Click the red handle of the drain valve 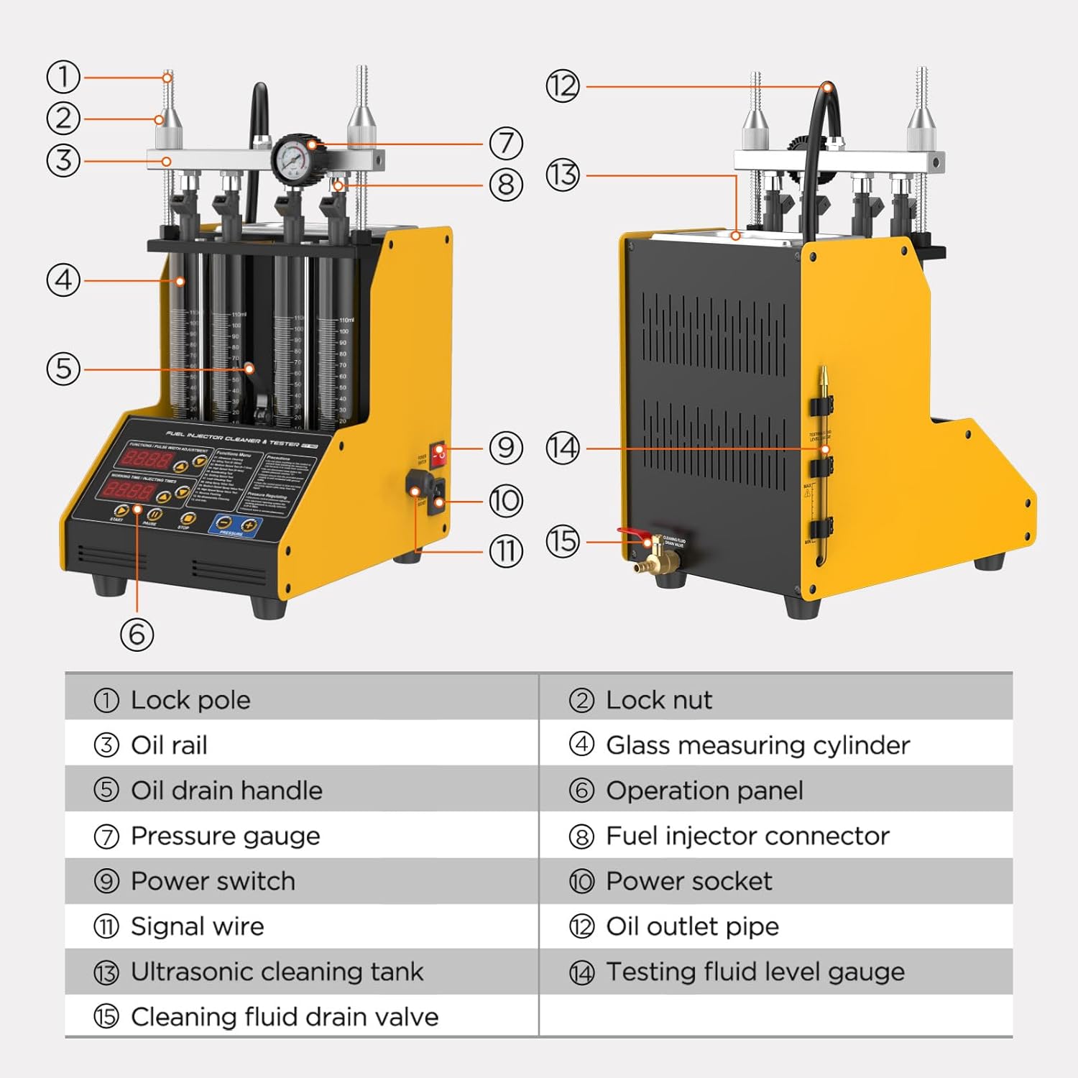(x=632, y=533)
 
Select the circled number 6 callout (x=137, y=635)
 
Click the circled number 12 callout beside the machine (x=563, y=87)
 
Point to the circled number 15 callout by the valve (x=563, y=541)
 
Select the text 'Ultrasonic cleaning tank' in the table (x=277, y=972)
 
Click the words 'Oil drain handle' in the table (x=226, y=791)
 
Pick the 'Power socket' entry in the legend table (x=688, y=881)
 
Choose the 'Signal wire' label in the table (x=197, y=926)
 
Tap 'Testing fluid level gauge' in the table (x=755, y=972)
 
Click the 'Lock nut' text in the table (x=658, y=700)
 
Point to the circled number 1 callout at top (x=63, y=77)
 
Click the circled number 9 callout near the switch (x=506, y=448)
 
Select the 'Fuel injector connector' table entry (x=747, y=836)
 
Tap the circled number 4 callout (x=63, y=280)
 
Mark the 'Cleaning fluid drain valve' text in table (x=285, y=1017)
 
